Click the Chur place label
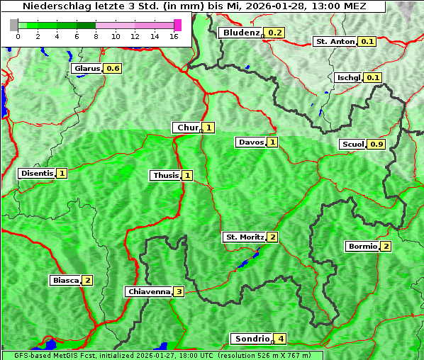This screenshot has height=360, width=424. pyautogui.click(x=187, y=128)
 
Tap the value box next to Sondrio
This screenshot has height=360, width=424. pyautogui.click(x=281, y=339)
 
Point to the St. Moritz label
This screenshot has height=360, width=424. pyautogui.click(x=244, y=237)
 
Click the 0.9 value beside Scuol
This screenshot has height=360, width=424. pyautogui.click(x=376, y=145)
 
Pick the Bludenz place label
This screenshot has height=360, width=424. pyautogui.click(x=241, y=33)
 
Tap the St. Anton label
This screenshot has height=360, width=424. pyautogui.click(x=335, y=41)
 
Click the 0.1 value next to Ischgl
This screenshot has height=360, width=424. pyautogui.click(x=374, y=77)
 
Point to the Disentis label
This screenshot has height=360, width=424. pyautogui.click(x=37, y=173)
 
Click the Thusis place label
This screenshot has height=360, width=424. pyautogui.click(x=166, y=175)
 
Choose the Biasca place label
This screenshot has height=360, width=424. pyautogui.click(x=66, y=280)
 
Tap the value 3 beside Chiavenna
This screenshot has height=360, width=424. pyautogui.click(x=179, y=291)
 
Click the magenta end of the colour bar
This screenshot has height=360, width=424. pyautogui.click(x=177, y=25)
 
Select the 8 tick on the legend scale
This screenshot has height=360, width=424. pyautogui.click(x=95, y=36)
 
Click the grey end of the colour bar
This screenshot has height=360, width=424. pyautogui.click(x=13, y=25)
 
